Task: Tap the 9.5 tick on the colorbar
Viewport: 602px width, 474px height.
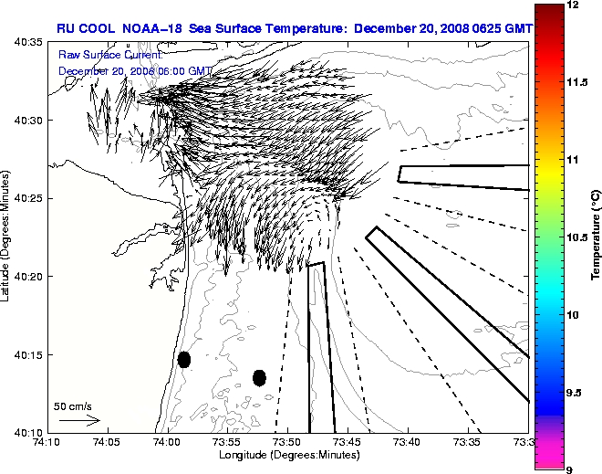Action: [577, 393]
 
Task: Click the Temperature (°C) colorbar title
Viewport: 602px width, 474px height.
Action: [596, 237]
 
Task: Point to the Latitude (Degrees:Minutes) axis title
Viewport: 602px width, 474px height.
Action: [7, 237]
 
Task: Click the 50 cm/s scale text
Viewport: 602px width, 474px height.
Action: [73, 406]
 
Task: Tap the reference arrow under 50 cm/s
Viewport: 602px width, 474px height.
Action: [79, 420]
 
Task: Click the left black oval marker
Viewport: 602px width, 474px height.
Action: [184, 359]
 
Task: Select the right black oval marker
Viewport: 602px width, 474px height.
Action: [259, 377]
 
